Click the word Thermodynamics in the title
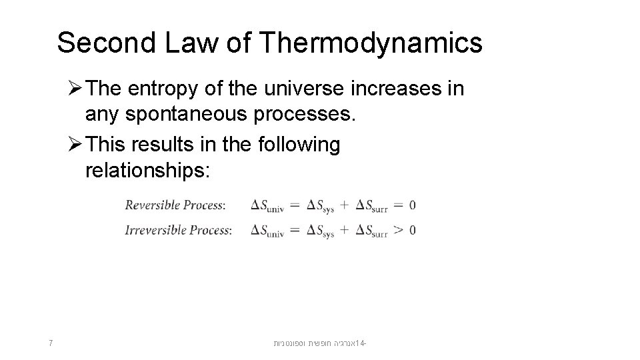pos(372,43)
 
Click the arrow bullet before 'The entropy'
pos(75,89)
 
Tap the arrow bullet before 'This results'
pos(75,144)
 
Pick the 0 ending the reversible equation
pos(413,205)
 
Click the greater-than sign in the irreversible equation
pos(397,230)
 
